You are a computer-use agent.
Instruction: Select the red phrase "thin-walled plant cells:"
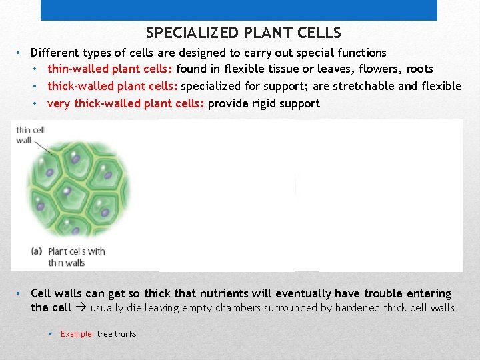coord(110,69)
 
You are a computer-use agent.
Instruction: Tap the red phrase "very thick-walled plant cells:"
coord(126,103)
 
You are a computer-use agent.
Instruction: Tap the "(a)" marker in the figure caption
coord(37,251)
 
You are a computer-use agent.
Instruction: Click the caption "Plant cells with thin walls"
coord(75,257)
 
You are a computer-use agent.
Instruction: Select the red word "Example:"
coord(77,334)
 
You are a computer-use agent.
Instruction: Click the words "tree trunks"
coord(117,334)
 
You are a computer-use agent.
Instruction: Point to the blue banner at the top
coord(239,10)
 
